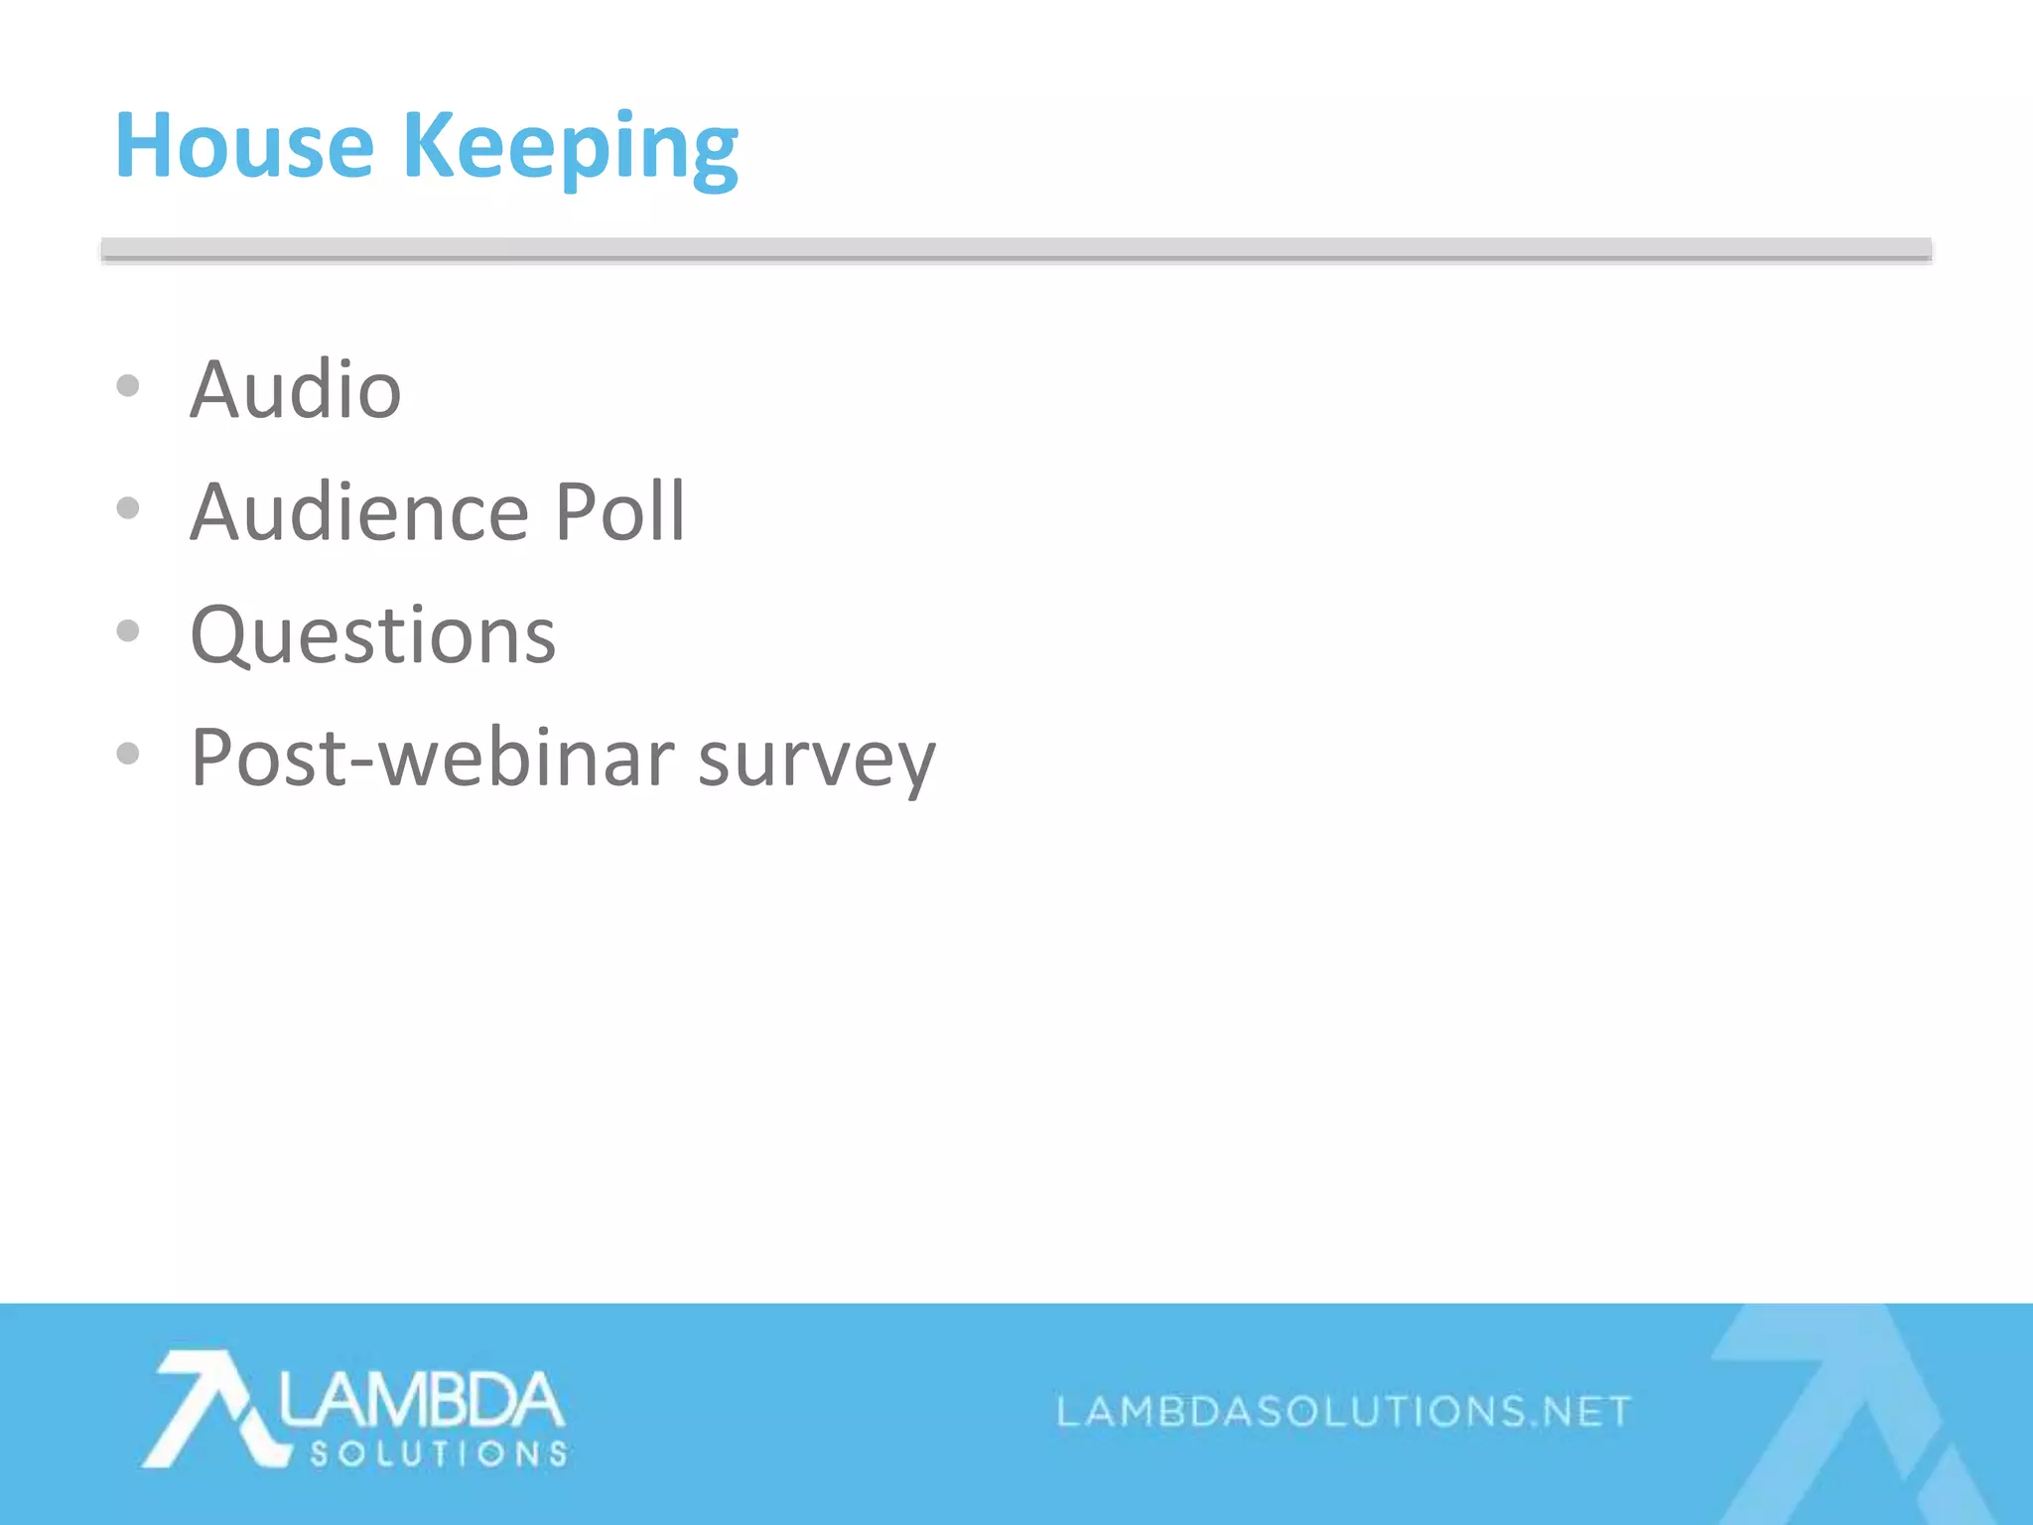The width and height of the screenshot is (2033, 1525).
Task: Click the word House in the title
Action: pyautogui.click(x=244, y=146)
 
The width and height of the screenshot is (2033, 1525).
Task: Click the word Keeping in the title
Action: pyautogui.click(x=570, y=149)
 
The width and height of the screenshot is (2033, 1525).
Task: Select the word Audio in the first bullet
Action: pyautogui.click(x=296, y=389)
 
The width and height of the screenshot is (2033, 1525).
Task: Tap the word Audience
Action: pyautogui.click(x=359, y=512)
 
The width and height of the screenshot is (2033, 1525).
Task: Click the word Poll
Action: pyautogui.click(x=619, y=512)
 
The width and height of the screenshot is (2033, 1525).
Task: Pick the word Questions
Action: pyautogui.click(x=373, y=635)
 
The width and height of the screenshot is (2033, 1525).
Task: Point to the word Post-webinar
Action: pyautogui.click(x=433, y=758)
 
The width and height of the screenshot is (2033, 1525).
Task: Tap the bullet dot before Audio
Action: pyautogui.click(x=128, y=385)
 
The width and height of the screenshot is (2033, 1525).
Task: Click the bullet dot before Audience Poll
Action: pyautogui.click(x=128, y=508)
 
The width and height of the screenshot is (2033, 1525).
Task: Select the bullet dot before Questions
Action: pyautogui.click(x=128, y=630)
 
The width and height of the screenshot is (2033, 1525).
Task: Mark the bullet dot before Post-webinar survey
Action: pyautogui.click(x=128, y=754)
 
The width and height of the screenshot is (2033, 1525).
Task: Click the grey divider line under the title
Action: pyautogui.click(x=1016, y=250)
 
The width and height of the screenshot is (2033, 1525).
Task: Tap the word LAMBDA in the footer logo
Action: pyautogui.click(x=421, y=1400)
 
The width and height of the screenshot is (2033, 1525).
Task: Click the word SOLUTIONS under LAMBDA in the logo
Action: pyautogui.click(x=439, y=1455)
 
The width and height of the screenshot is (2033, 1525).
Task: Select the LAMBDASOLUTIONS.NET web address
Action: pyautogui.click(x=1344, y=1411)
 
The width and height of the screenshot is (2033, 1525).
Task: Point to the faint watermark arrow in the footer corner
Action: pyautogui.click(x=1846, y=1410)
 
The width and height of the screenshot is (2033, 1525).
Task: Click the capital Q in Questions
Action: pyautogui.click(x=220, y=635)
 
